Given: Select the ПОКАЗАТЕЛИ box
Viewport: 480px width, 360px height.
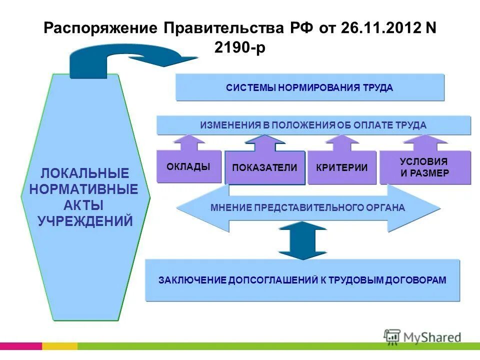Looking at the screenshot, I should click(x=264, y=168).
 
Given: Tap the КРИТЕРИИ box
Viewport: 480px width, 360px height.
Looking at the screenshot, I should click(x=341, y=168).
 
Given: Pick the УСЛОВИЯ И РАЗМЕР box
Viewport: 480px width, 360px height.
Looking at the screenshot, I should click(x=424, y=168).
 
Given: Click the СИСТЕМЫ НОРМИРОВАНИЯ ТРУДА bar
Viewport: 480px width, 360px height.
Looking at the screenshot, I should click(x=309, y=88).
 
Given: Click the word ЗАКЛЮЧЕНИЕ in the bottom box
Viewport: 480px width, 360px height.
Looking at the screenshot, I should click(x=192, y=280).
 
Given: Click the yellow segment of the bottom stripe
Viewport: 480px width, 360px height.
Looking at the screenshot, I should click(x=59, y=346).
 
